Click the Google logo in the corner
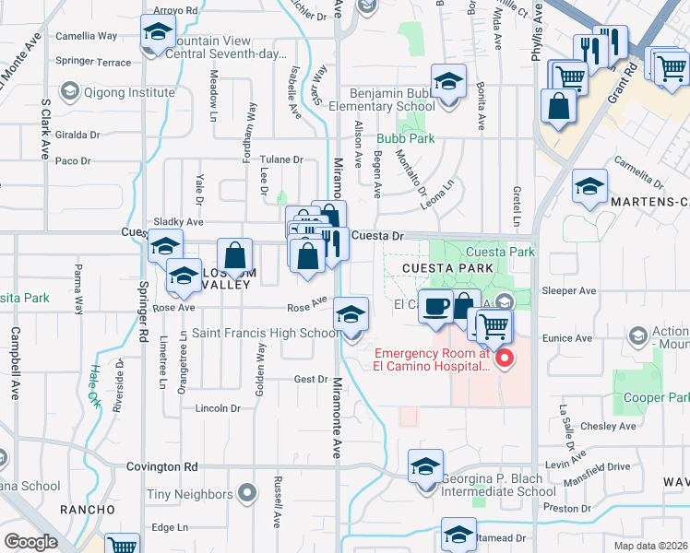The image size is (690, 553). click(31, 542)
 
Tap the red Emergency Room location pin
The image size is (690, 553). click(505, 358)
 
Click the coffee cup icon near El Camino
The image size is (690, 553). click(434, 305)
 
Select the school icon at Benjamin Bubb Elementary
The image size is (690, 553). click(449, 84)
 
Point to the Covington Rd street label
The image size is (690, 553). click(162, 467)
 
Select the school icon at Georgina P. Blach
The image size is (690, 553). click(425, 467)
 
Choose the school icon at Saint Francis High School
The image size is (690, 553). click(351, 315)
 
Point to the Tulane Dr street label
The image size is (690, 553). click(281, 159)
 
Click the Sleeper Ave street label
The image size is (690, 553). click(574, 291)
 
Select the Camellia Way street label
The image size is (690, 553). click(87, 36)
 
